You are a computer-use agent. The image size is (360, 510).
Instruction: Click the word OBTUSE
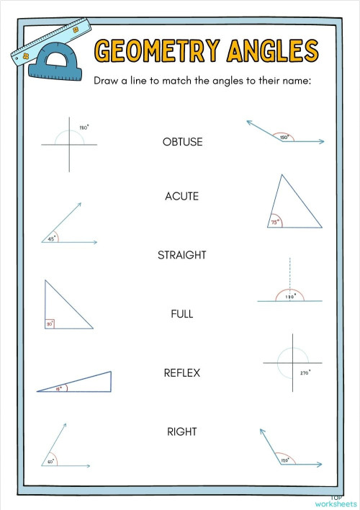tap(182, 142)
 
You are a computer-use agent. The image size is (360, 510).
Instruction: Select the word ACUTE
tap(181, 196)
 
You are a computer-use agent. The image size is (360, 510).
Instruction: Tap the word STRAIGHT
tap(182, 255)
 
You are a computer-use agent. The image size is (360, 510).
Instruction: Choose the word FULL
tap(181, 314)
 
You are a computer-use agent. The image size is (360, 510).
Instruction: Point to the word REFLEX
tap(181, 373)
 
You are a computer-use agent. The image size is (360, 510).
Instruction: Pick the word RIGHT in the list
tap(181, 431)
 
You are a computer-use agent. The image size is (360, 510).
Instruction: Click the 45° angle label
tap(51, 238)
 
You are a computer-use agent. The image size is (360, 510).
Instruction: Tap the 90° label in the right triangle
tap(50, 324)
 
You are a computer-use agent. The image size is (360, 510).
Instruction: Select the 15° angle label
tap(59, 388)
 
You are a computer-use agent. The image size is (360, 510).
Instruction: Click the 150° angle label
tap(284, 137)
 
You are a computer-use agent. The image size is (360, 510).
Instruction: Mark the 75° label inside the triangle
tap(274, 223)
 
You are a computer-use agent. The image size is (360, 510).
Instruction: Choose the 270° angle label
tap(305, 372)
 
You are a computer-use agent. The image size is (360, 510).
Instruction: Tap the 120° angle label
tap(284, 460)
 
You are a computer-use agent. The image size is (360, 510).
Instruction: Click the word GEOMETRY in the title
tap(157, 51)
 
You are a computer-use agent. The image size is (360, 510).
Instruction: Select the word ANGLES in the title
tap(271, 51)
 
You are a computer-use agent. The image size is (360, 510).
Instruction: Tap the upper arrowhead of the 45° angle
tap(79, 205)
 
